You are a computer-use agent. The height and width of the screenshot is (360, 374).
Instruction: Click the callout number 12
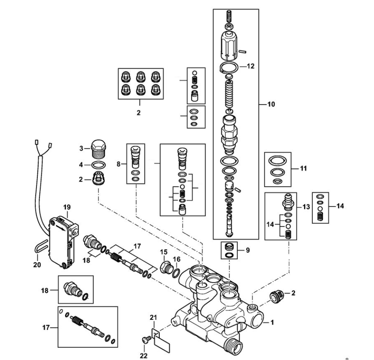250,66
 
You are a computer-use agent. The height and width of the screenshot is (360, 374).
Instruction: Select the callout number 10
271,104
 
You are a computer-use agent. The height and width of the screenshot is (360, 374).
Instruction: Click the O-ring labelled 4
99,165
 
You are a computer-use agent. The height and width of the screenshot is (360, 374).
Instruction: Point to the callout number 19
67,207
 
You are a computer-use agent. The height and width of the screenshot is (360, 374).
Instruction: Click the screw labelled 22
146,339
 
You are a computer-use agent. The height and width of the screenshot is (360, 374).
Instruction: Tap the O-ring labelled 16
176,273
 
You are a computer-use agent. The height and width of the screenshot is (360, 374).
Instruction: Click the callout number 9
248,250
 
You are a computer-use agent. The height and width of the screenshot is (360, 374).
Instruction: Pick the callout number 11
303,168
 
